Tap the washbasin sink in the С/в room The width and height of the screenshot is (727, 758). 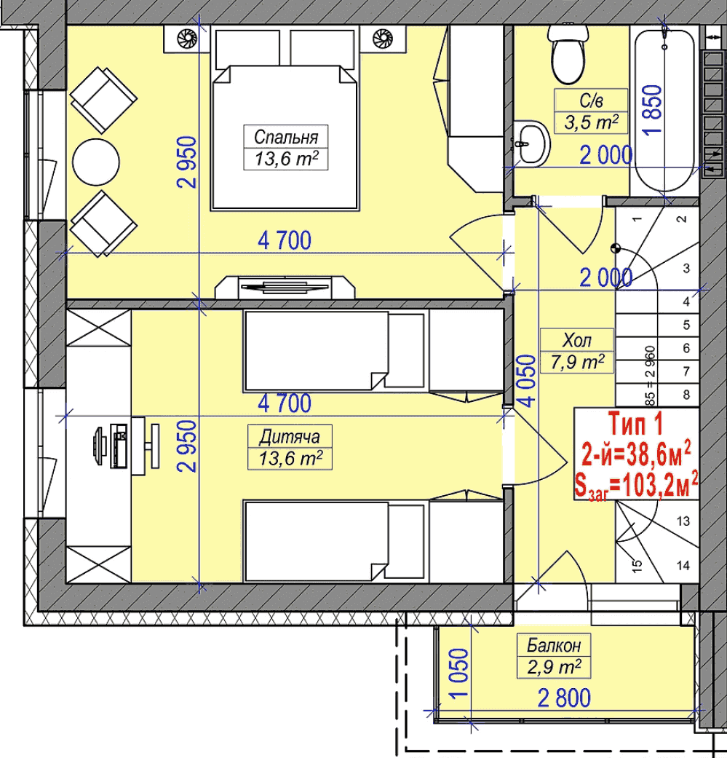click(531, 143)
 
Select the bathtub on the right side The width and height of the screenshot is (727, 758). click(664, 111)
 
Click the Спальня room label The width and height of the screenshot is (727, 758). click(286, 138)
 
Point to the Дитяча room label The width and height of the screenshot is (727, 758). click(290, 437)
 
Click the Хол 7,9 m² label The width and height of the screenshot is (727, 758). click(577, 351)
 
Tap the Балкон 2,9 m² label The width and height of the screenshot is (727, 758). click(554, 656)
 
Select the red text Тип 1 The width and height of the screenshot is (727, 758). click(635, 424)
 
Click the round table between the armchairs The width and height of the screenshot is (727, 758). click(95, 162)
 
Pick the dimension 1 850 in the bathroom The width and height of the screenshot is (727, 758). click(652, 110)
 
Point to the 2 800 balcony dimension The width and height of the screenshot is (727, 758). click(564, 698)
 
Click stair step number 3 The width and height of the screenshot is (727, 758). click(686, 268)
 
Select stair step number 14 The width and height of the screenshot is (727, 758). click(683, 565)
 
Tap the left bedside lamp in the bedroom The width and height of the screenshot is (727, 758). click(187, 38)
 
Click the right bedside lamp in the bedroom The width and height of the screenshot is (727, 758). click(383, 38)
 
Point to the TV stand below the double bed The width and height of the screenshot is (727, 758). click(285, 287)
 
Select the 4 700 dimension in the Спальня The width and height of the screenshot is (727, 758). click(285, 241)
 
